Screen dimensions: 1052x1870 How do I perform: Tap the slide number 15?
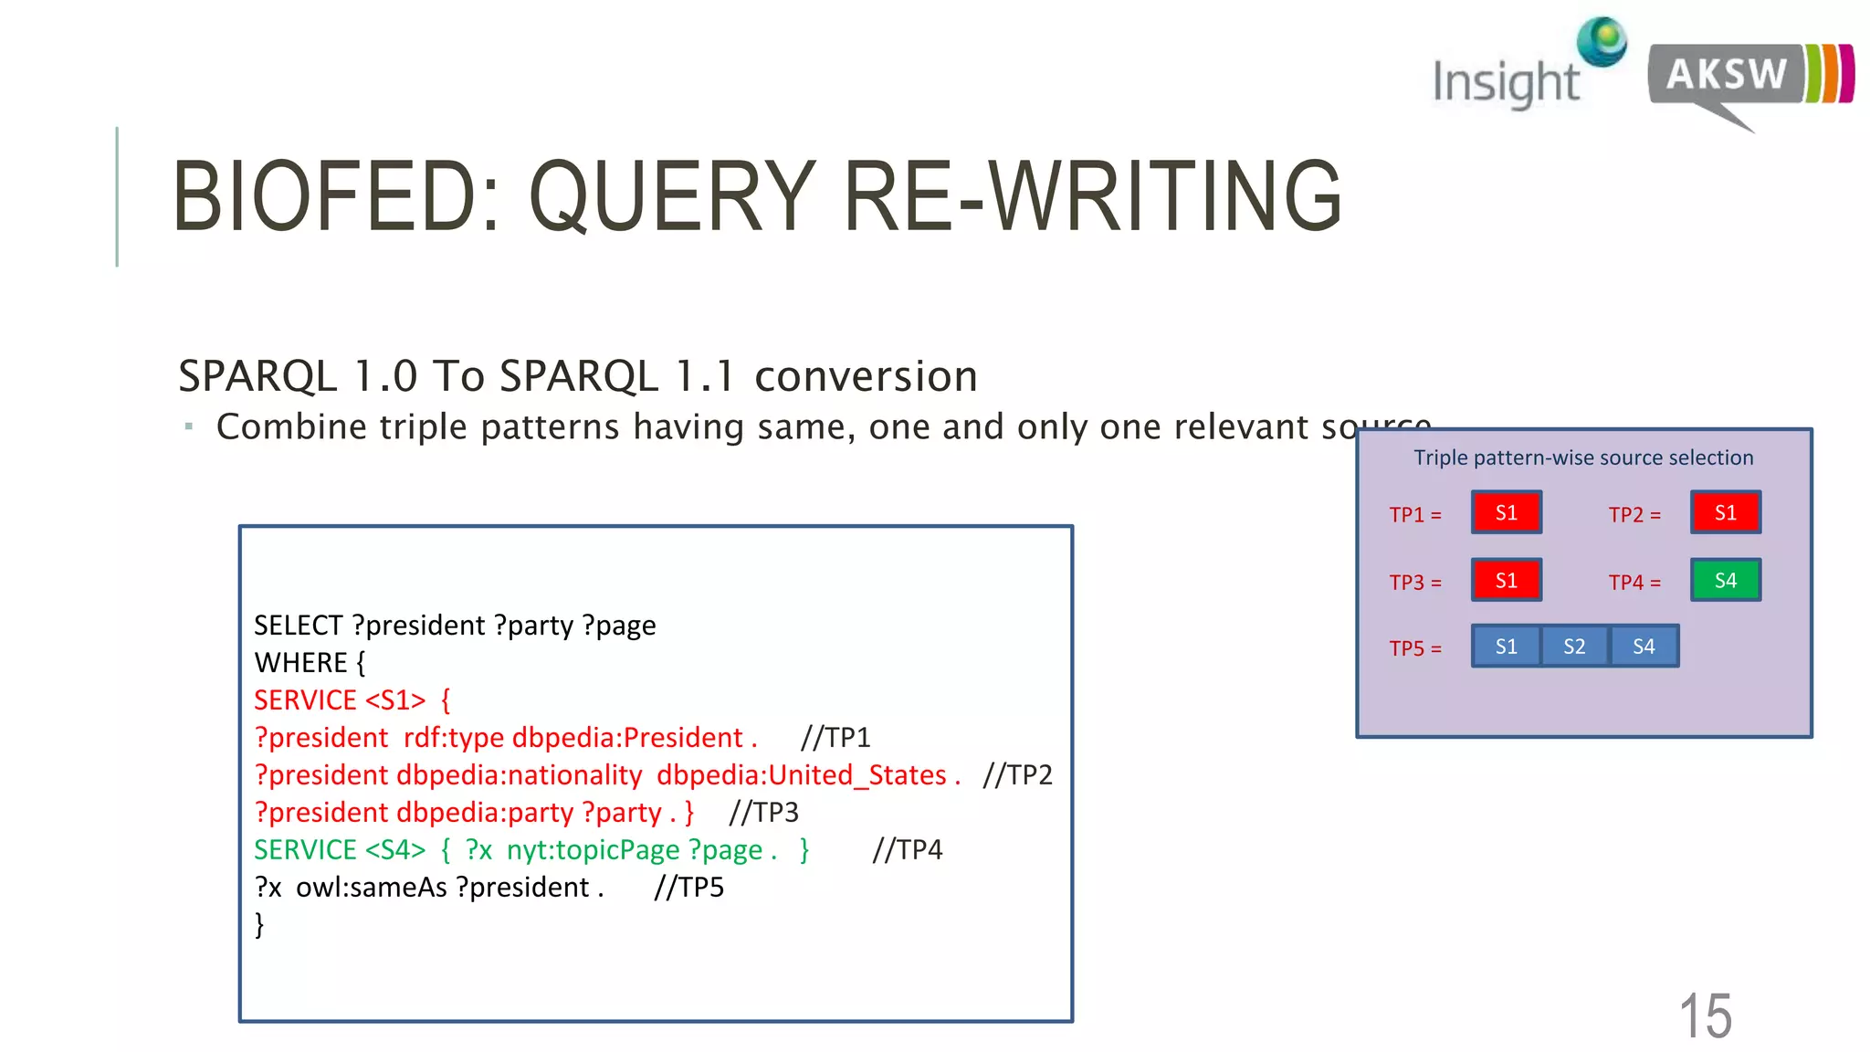[x=1705, y=1015]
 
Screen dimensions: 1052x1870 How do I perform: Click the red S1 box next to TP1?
[x=1506, y=512]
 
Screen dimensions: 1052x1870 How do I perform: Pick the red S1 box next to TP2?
[x=1725, y=512]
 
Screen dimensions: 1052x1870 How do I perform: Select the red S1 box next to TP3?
[x=1506, y=580]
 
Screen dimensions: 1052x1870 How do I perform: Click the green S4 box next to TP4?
[x=1725, y=580]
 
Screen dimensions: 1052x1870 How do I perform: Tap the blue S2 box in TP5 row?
[x=1574, y=647]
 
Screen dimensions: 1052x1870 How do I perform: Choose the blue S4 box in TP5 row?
[x=1644, y=647]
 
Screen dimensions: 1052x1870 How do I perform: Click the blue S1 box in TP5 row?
[x=1506, y=647]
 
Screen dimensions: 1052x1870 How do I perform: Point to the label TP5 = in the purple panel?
[x=1415, y=648]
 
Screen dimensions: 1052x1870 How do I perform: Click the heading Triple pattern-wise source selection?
[x=1583, y=458]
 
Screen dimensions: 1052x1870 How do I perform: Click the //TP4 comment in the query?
[x=907, y=850]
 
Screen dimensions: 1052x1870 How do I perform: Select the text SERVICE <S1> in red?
[x=340, y=700]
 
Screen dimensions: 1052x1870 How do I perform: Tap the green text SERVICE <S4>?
[x=340, y=850]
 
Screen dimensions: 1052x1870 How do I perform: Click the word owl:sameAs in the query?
[x=371, y=888]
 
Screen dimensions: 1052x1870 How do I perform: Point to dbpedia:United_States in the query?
[x=801, y=775]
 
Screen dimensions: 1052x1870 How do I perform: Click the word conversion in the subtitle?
[x=866, y=376]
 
